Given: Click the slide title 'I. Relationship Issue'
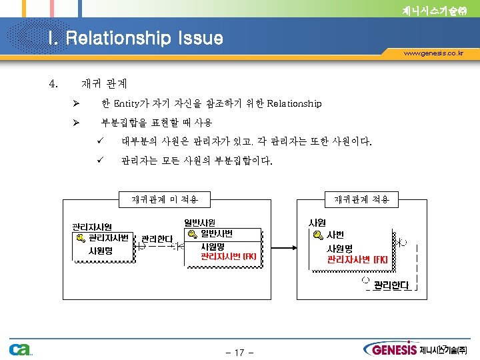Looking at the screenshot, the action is pyautogui.click(x=135, y=38).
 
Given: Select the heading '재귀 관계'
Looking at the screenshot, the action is pyautogui.click(x=104, y=85).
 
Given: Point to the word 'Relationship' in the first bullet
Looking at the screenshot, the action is pyautogui.click(x=294, y=104).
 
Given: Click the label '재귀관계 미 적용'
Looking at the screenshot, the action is pyautogui.click(x=161, y=199).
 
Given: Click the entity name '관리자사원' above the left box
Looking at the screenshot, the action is pyautogui.click(x=92, y=227).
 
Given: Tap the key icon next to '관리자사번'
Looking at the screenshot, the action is pyautogui.click(x=80, y=238).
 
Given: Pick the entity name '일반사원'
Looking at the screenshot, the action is pyautogui.click(x=199, y=222).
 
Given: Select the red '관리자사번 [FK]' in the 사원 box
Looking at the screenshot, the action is pyautogui.click(x=357, y=259).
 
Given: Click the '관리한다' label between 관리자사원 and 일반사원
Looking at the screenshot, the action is pyautogui.click(x=157, y=239).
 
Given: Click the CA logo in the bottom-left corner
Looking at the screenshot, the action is pyautogui.click(x=20, y=349).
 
